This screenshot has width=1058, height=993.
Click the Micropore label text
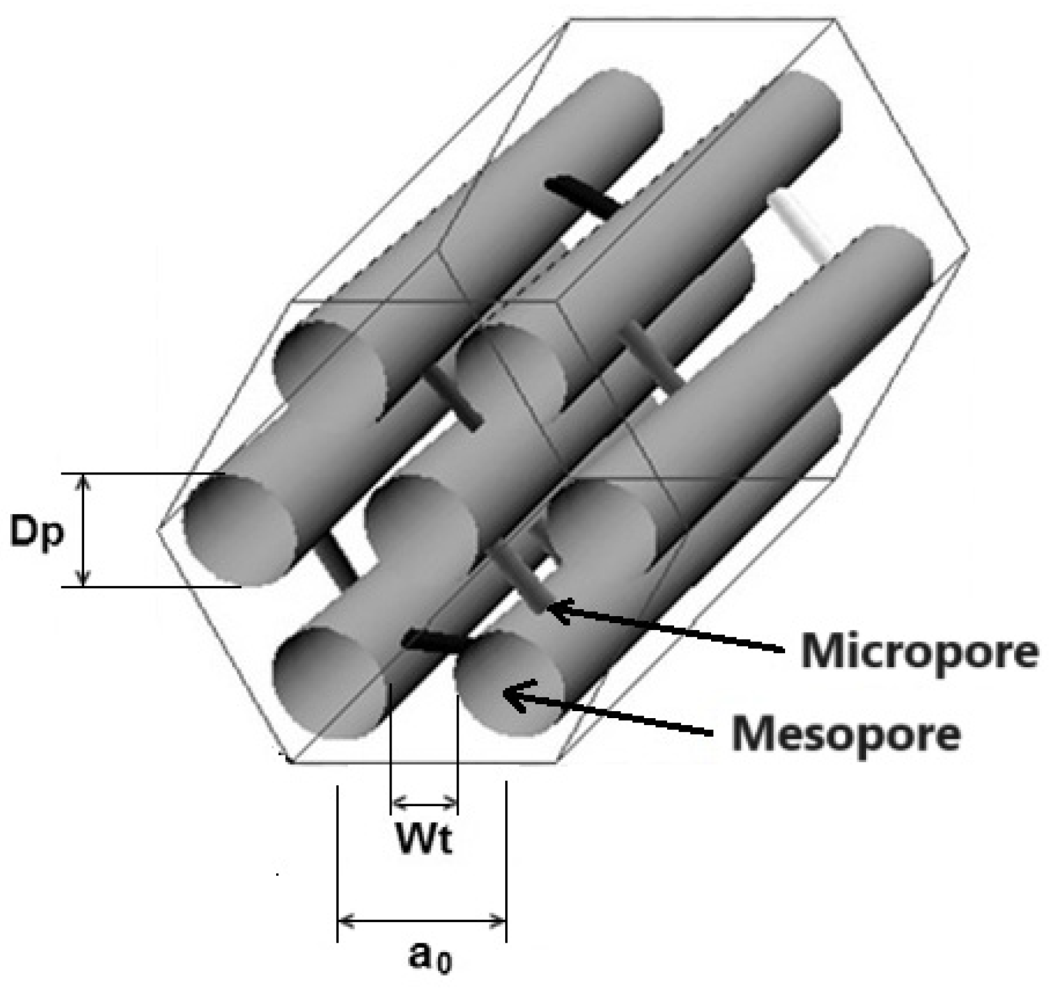pos(919,651)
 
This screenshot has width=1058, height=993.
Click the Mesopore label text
pos(846,733)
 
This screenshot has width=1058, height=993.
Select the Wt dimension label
pos(424,840)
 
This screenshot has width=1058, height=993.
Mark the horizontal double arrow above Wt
pos(424,802)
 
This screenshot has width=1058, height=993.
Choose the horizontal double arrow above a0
pos(422,920)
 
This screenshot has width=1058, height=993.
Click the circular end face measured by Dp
pos(239,529)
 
